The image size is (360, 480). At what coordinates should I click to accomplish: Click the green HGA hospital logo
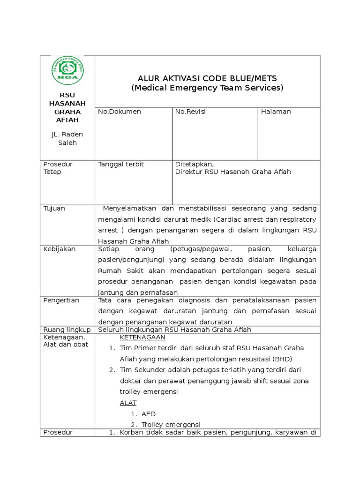pos(67,72)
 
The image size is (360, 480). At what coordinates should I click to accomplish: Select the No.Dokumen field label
pos(119,112)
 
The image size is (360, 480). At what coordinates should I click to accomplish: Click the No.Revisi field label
pos(190,112)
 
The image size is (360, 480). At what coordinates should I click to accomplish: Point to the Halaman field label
pos(276,112)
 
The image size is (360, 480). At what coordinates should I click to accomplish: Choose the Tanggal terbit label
pos(121,164)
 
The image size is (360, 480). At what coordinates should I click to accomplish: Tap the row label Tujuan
pos(54,208)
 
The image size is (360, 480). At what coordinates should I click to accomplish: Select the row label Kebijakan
pos(59,249)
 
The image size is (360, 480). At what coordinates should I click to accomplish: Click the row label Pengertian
pos(61,300)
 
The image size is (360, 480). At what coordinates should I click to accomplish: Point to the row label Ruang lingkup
pos(67,330)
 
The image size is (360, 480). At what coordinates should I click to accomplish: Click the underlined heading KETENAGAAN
pos(142,337)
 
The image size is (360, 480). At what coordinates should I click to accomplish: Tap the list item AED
pos(148,414)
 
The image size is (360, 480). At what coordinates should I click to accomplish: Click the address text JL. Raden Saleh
pos(67,138)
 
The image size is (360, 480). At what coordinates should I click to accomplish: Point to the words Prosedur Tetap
pos(58,168)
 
